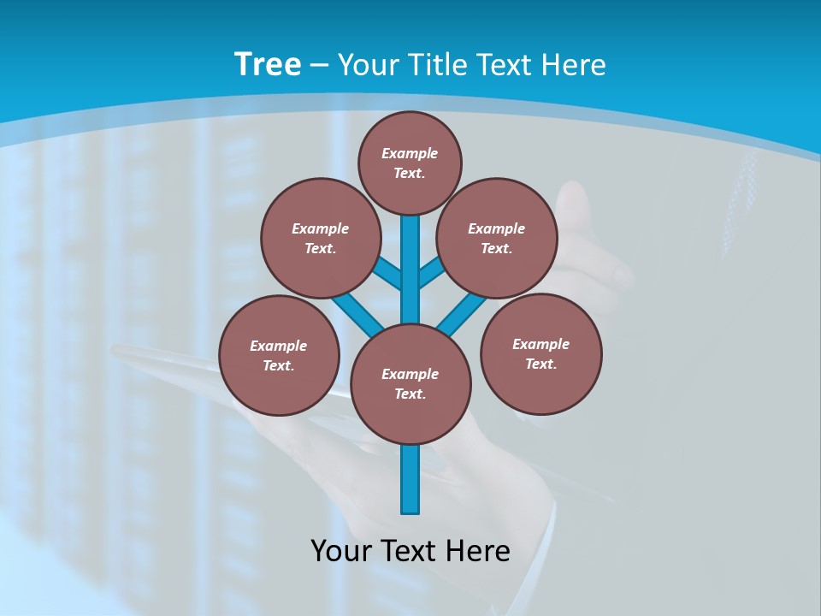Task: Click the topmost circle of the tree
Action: [410, 163]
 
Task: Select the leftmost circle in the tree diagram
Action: [279, 355]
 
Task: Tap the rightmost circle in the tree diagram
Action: [540, 353]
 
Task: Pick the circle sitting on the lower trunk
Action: [410, 384]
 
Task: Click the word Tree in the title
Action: [268, 64]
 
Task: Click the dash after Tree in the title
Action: [319, 65]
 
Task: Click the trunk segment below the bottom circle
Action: [410, 478]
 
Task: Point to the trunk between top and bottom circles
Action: [410, 269]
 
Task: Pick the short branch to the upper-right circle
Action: [431, 274]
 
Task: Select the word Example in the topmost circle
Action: [410, 153]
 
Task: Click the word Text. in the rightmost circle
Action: [540, 364]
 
